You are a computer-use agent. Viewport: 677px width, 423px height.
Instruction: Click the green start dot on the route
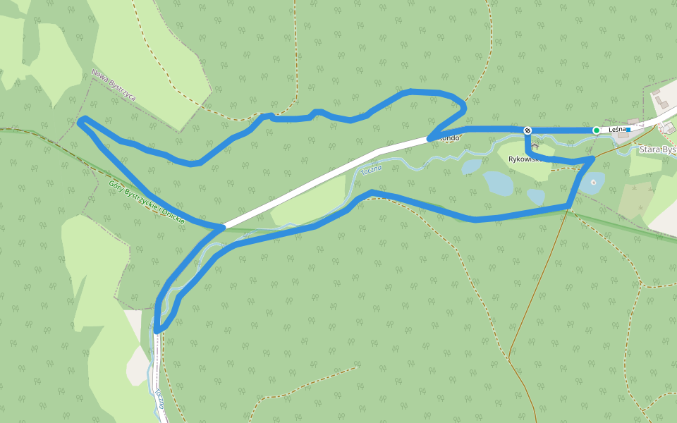tap(597, 130)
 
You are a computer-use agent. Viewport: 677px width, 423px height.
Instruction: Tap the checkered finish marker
tap(527, 130)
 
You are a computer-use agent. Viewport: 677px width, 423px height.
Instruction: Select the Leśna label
tap(617, 130)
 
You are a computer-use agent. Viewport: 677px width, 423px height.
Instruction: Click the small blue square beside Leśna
tap(628, 130)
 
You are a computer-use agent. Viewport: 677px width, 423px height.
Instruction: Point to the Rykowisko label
tap(524, 159)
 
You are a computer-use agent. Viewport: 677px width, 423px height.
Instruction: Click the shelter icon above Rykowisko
tap(535, 147)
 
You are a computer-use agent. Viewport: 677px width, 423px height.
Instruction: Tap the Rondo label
tap(449, 138)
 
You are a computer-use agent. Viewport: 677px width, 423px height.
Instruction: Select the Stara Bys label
tap(657, 149)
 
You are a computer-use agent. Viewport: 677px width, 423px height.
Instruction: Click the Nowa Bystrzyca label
tap(113, 85)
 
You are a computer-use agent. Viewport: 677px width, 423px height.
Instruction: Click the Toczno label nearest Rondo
tap(371, 170)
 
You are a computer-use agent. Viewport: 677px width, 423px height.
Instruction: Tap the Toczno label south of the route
tap(159, 399)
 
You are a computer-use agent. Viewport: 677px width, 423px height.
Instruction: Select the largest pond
tap(498, 183)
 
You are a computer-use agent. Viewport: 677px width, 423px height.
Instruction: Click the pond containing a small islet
tap(591, 183)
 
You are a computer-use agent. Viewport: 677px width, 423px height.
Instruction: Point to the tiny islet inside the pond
tap(594, 183)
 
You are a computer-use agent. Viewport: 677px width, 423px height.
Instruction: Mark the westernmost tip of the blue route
tap(78, 123)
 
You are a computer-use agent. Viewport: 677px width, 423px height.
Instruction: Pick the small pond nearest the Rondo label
tap(471, 166)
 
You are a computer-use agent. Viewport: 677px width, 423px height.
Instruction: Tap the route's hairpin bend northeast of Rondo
tap(463, 108)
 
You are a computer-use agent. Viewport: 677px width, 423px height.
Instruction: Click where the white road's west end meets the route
tap(223, 227)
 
